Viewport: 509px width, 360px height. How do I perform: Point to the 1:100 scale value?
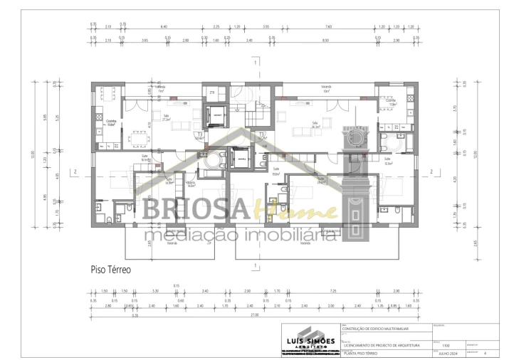pos(446,341)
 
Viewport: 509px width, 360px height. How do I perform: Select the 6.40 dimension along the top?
pos(163,26)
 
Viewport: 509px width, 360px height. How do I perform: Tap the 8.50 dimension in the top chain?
pos(325,41)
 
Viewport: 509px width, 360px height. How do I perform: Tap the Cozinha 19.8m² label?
pos(111,123)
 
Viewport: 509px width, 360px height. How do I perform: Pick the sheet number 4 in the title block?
pos(485,351)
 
